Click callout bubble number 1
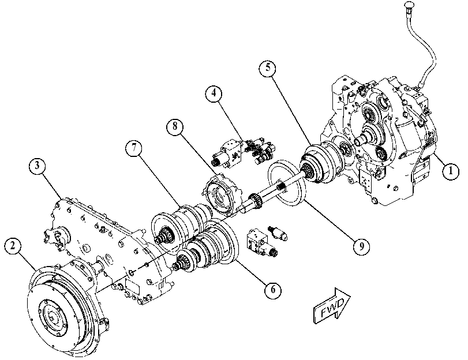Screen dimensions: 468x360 451,171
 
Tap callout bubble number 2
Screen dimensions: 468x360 13,246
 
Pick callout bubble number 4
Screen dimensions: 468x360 214,93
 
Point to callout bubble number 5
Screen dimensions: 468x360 268,68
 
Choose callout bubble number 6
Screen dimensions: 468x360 273,290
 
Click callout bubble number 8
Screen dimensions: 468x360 175,126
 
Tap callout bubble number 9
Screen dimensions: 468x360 361,246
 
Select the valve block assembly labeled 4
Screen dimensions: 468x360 244,151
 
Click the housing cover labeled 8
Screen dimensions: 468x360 223,194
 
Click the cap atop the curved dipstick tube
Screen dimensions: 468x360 409,5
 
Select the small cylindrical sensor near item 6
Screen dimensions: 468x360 278,233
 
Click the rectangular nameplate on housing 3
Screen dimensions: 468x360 133,287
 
